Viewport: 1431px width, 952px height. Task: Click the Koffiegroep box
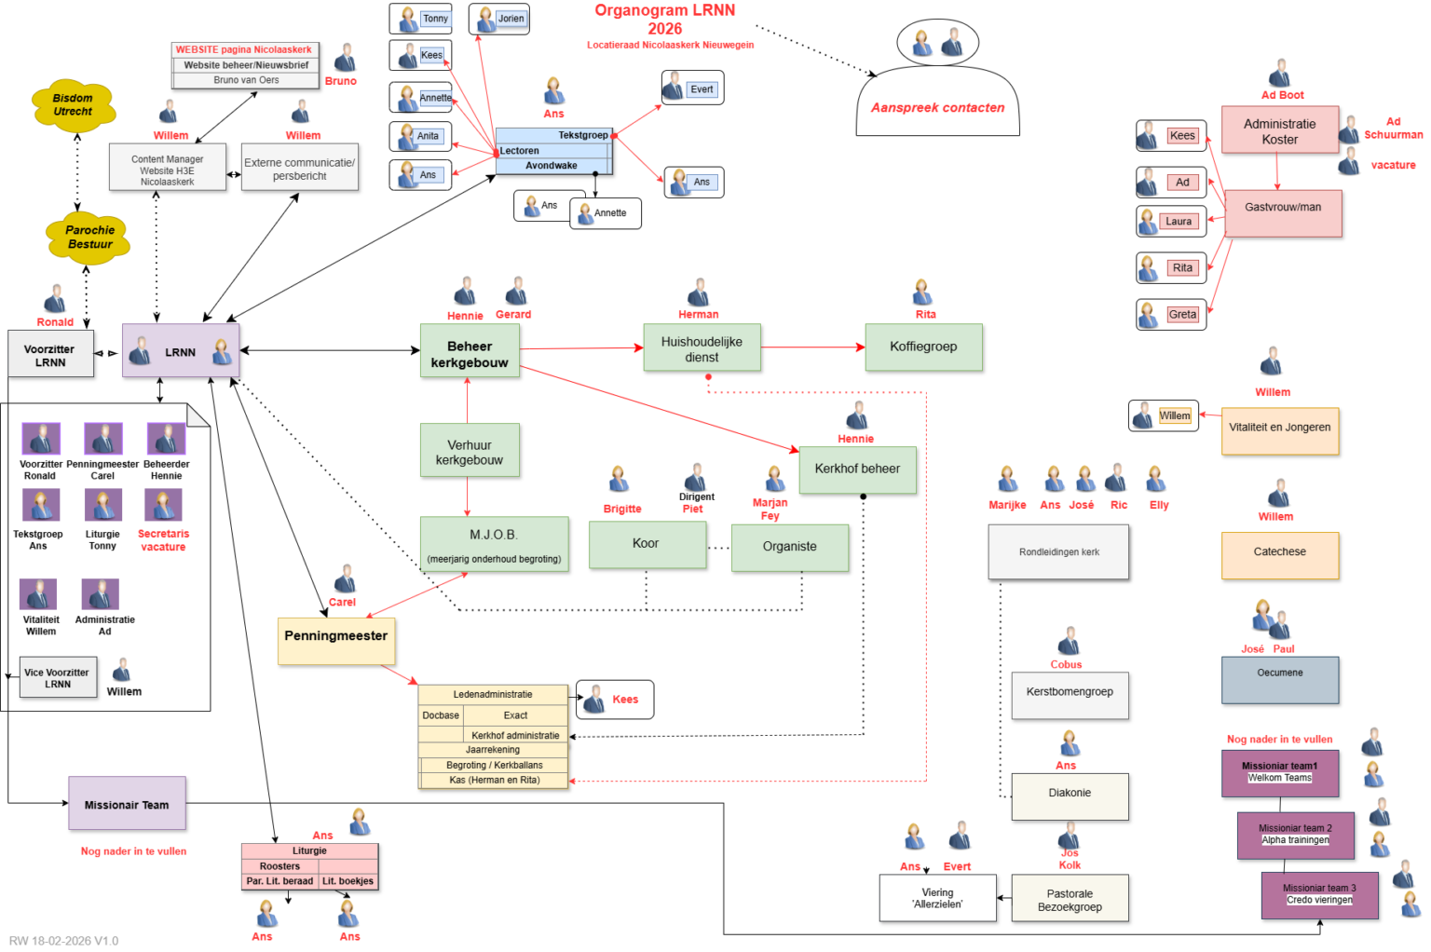(x=923, y=347)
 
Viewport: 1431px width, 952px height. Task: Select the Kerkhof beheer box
(x=857, y=469)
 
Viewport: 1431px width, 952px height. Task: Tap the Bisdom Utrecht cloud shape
(x=73, y=104)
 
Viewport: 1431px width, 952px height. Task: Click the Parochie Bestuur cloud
(x=89, y=238)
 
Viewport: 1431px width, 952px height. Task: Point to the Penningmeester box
(x=335, y=640)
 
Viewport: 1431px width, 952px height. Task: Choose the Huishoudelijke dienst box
(x=702, y=348)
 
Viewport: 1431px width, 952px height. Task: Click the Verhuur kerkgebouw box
(x=470, y=452)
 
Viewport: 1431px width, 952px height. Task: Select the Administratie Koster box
(x=1279, y=130)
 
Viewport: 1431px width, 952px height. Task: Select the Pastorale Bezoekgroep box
(x=1070, y=899)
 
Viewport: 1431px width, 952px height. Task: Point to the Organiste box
(x=789, y=547)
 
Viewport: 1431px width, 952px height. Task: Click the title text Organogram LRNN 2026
(x=665, y=19)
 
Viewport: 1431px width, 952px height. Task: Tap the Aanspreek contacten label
(x=937, y=108)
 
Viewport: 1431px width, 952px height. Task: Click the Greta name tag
(x=1182, y=315)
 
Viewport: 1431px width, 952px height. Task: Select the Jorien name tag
(x=511, y=19)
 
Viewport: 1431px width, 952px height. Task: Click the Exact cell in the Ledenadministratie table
(x=515, y=715)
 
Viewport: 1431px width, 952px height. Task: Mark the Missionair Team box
(x=127, y=804)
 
